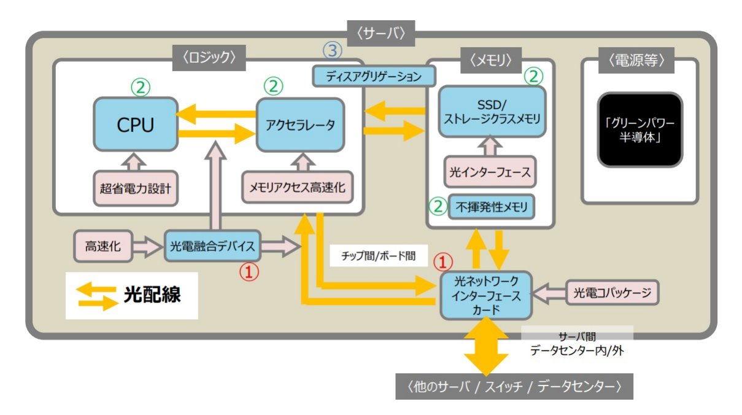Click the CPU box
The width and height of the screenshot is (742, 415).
[x=134, y=125]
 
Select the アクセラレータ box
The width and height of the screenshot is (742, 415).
[x=300, y=125]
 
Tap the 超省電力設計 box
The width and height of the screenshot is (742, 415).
[x=136, y=188]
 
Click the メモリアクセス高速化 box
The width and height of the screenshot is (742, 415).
[x=298, y=188]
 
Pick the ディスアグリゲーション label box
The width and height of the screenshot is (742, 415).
[x=374, y=77]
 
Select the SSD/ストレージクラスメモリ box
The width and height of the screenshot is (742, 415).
[x=492, y=112]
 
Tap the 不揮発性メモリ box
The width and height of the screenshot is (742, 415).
[x=492, y=207]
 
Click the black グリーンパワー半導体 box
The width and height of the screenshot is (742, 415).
[x=640, y=130]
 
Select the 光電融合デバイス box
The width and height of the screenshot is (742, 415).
[x=212, y=247]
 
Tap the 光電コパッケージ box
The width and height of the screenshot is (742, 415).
[x=612, y=293]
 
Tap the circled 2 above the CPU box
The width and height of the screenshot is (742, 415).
[x=139, y=87]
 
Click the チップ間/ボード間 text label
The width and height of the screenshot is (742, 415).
[x=377, y=256]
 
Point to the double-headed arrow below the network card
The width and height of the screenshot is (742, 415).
[x=485, y=348]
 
